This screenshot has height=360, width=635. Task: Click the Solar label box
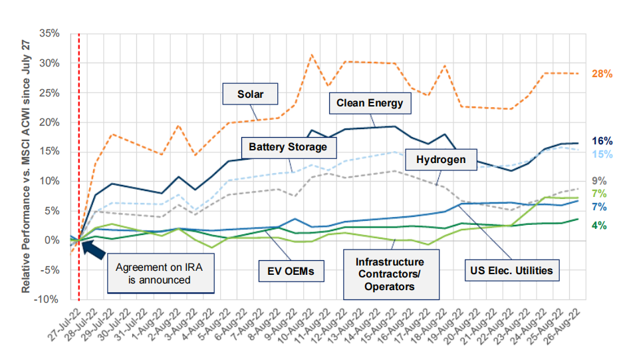tap(251, 94)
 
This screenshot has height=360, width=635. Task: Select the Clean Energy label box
tap(370, 103)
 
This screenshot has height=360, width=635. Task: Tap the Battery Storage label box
tap(288, 146)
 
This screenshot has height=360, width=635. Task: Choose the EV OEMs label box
tap(287, 271)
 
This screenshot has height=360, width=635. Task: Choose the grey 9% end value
tap(598, 180)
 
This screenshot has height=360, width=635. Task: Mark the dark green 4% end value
tap(598, 225)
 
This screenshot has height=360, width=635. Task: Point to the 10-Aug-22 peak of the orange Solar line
tap(312, 55)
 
